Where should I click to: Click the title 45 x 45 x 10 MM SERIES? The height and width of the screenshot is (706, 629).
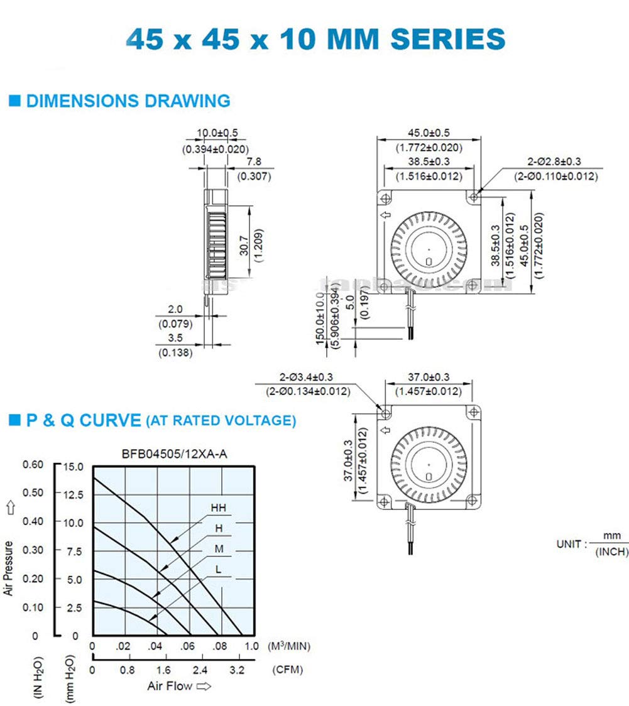pos(315,39)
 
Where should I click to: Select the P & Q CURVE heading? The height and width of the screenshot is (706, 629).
pos(83,420)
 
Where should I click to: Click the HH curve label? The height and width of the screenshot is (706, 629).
pos(218,508)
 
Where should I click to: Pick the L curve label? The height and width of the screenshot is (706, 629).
pos(218,569)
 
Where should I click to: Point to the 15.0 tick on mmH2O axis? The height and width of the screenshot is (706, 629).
pos(74,466)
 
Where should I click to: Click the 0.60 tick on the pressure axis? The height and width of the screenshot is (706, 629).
pos(33,464)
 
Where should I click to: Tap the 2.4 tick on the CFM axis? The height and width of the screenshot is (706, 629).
pos(200,670)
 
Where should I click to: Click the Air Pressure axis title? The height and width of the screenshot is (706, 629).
pos(9,568)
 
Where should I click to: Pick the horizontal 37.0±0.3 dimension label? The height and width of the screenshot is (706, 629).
pos(429,377)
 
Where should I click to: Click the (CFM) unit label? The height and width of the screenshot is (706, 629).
pos(287,670)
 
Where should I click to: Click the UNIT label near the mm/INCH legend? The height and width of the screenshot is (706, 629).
pos(571,544)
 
